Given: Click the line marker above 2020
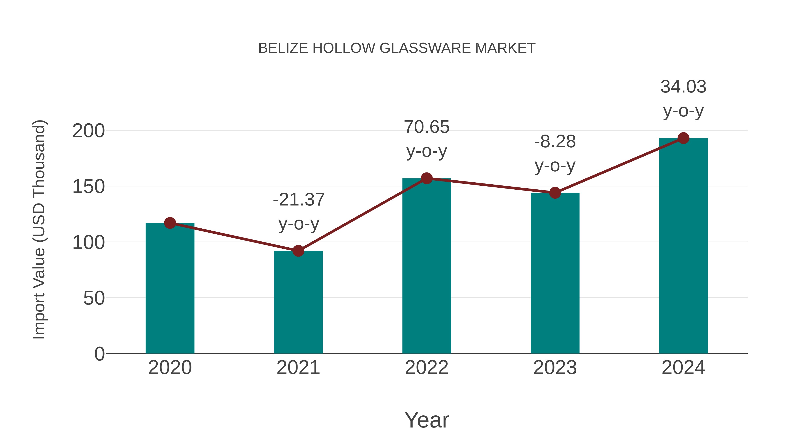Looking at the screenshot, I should click(170, 223).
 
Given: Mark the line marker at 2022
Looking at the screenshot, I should click(427, 178).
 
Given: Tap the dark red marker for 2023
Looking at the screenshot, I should click(555, 193).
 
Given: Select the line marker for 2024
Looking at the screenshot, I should click(683, 138).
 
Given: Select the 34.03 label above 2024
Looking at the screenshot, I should click(683, 87).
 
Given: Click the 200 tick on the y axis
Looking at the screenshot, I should click(88, 131).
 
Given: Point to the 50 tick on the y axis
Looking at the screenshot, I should click(94, 298).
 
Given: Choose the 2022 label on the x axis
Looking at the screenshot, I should click(427, 368).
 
